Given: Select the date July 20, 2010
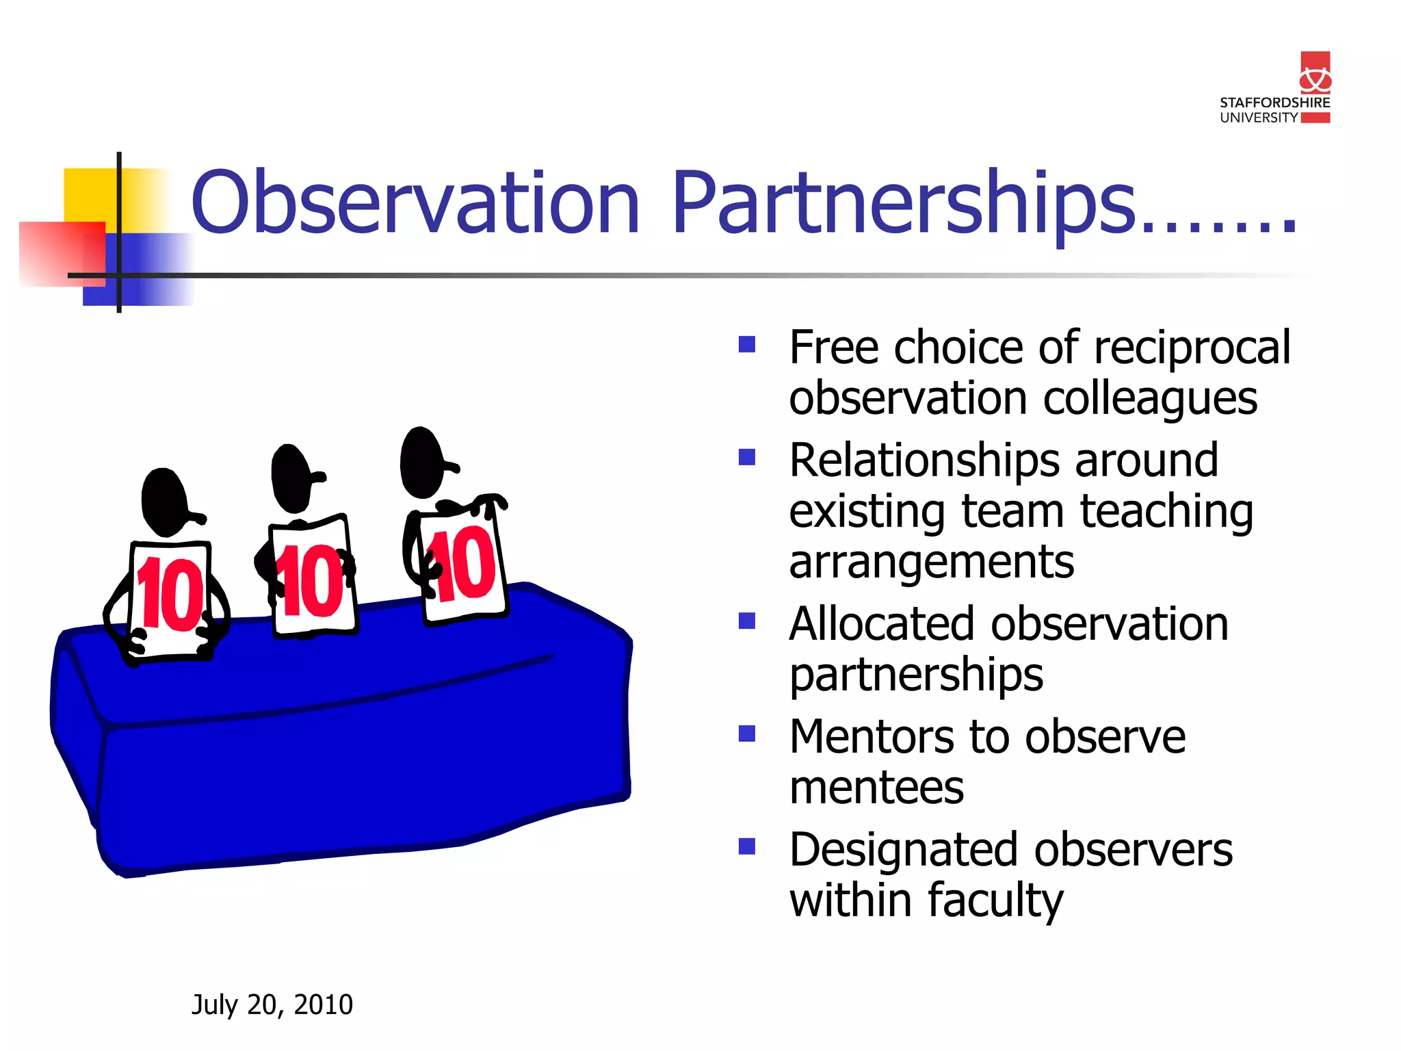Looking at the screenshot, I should (x=272, y=1004).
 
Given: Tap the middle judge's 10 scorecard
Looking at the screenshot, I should (x=313, y=578).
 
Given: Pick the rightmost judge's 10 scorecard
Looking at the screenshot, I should (x=463, y=565).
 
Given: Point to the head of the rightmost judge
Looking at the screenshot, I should (x=421, y=463).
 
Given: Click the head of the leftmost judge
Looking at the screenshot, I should (x=164, y=502).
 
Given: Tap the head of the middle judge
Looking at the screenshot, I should (x=293, y=478).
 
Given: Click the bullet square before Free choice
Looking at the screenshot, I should (x=746, y=344).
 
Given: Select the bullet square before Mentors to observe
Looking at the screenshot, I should (x=746, y=734).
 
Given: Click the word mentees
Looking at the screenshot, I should (x=876, y=788).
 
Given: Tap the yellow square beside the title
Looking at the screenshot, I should (x=89, y=195).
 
